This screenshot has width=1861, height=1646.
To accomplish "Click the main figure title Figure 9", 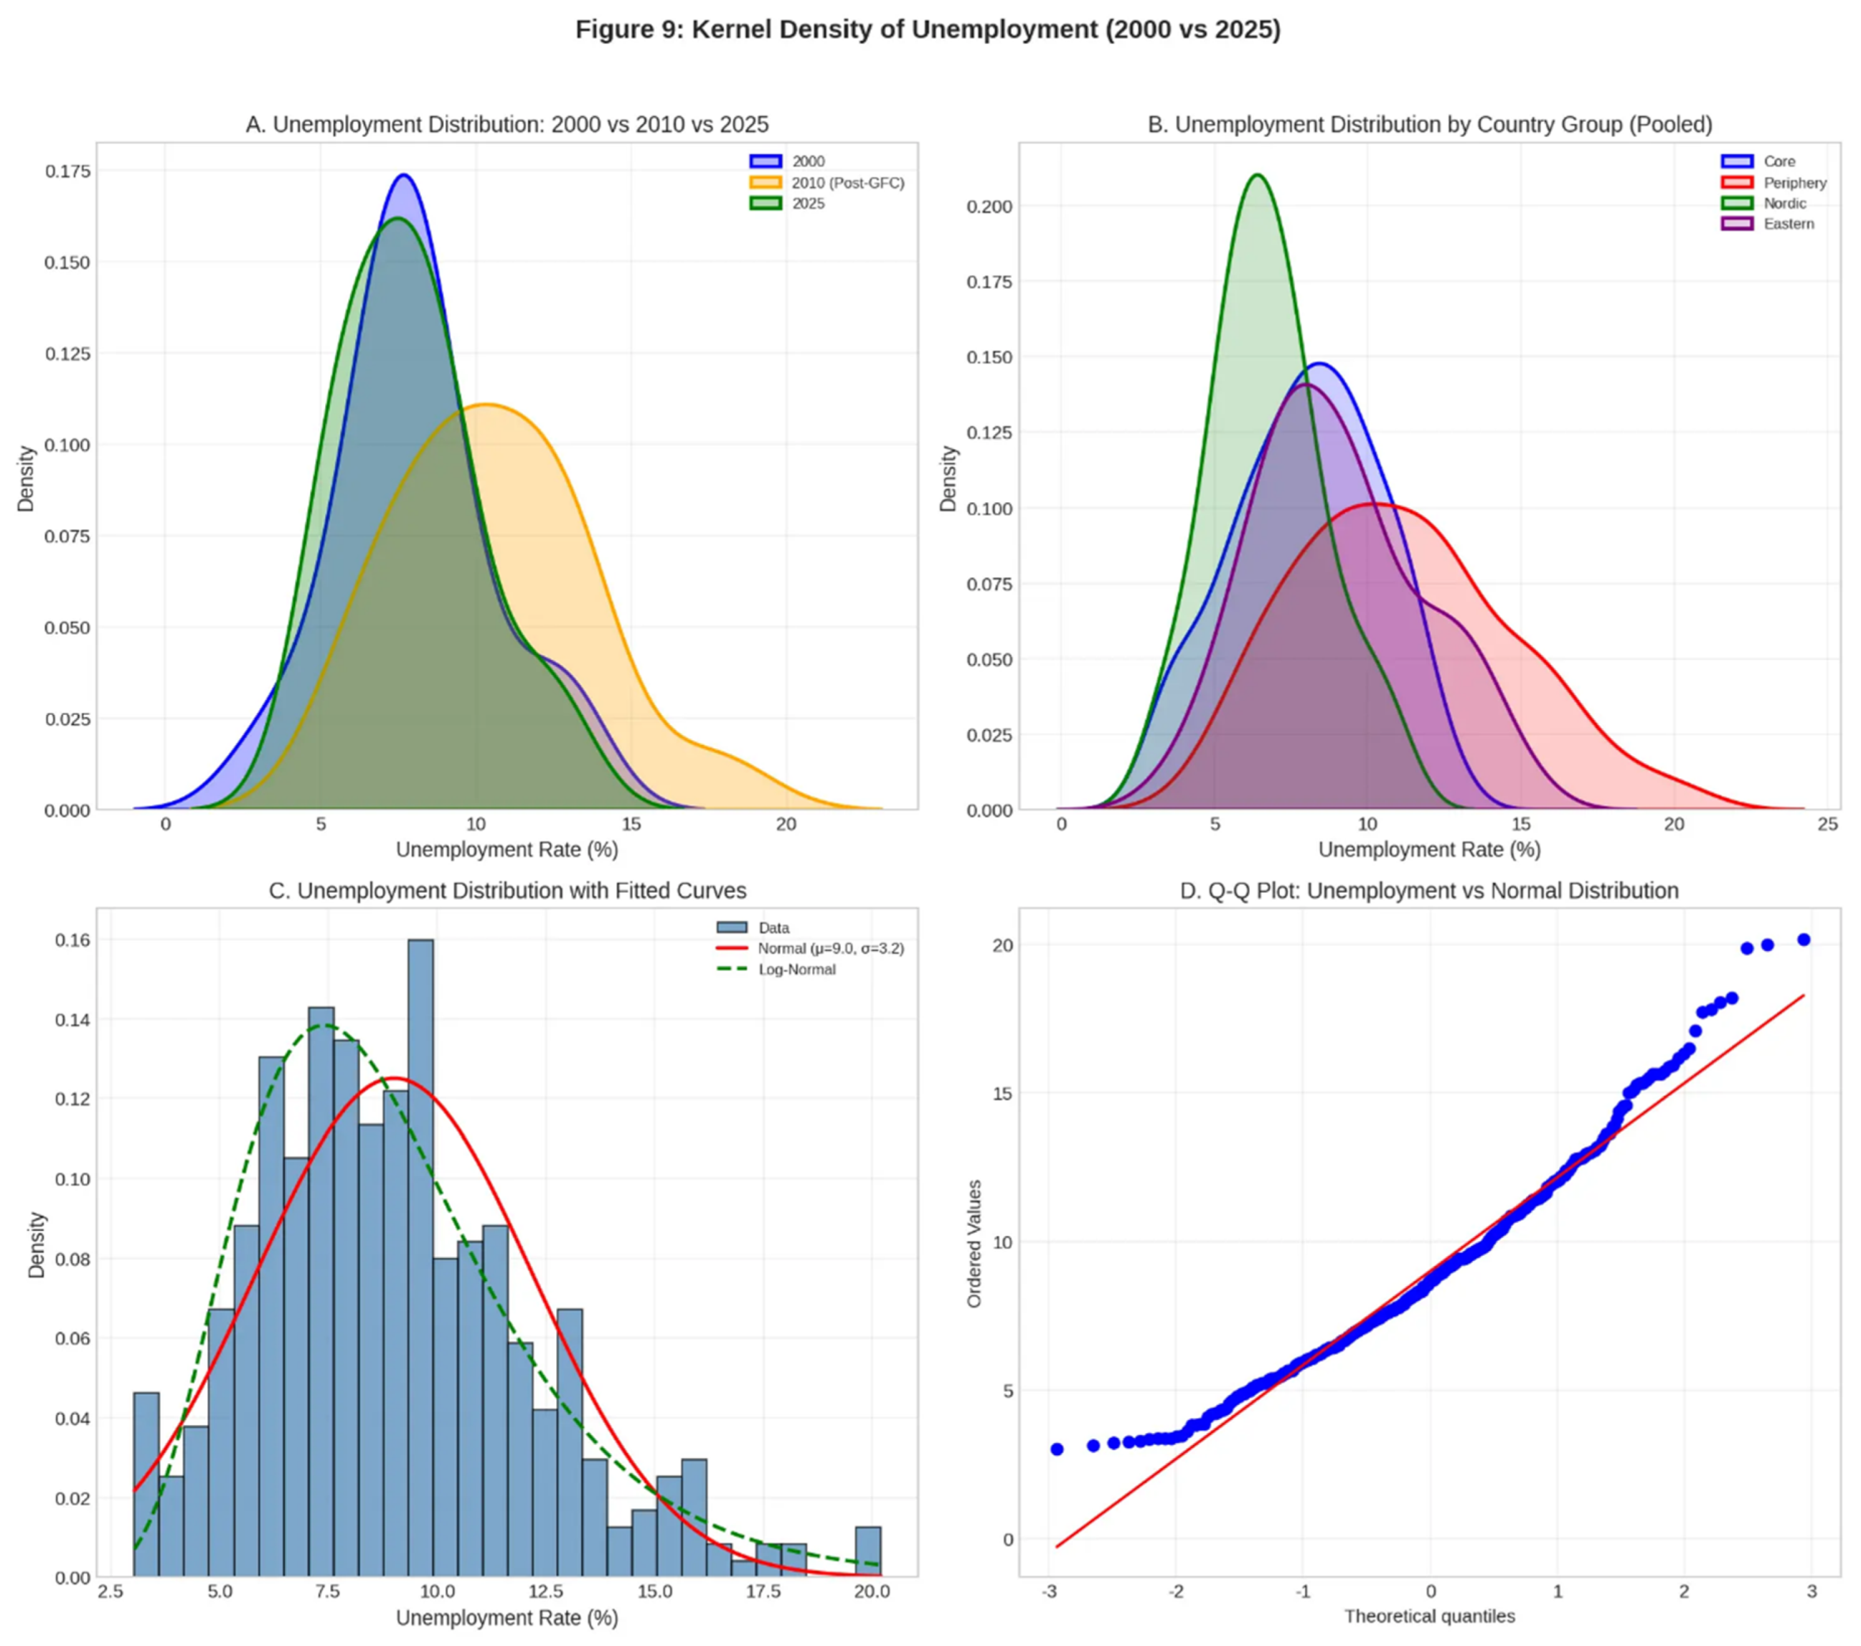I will pos(928,30).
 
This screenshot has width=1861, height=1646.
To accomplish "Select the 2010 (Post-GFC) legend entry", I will pos(847,183).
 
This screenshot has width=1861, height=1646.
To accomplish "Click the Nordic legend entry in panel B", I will pos(1784,203).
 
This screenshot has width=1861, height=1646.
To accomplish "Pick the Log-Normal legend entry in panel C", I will pos(796,969).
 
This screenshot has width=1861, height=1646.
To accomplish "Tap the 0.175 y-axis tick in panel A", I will pos(67,171).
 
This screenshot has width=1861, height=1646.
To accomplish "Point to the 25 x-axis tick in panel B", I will pos(1827,825).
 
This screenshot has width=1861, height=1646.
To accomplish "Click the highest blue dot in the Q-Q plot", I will pos(1803,940).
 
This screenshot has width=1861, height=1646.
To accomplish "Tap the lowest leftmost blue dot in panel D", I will pos(1057,1449).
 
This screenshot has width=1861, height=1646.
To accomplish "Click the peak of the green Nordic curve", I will pos(1258,175).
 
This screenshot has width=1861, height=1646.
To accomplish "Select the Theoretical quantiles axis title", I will pos(1429,1616).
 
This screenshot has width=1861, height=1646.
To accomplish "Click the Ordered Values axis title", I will pos(974,1243).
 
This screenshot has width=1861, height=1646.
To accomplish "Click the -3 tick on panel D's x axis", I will pos(1049,1591).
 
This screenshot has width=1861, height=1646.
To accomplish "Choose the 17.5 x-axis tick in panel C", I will pos(763,1591).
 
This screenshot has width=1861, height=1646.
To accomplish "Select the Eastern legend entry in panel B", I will pos(1787,224).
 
